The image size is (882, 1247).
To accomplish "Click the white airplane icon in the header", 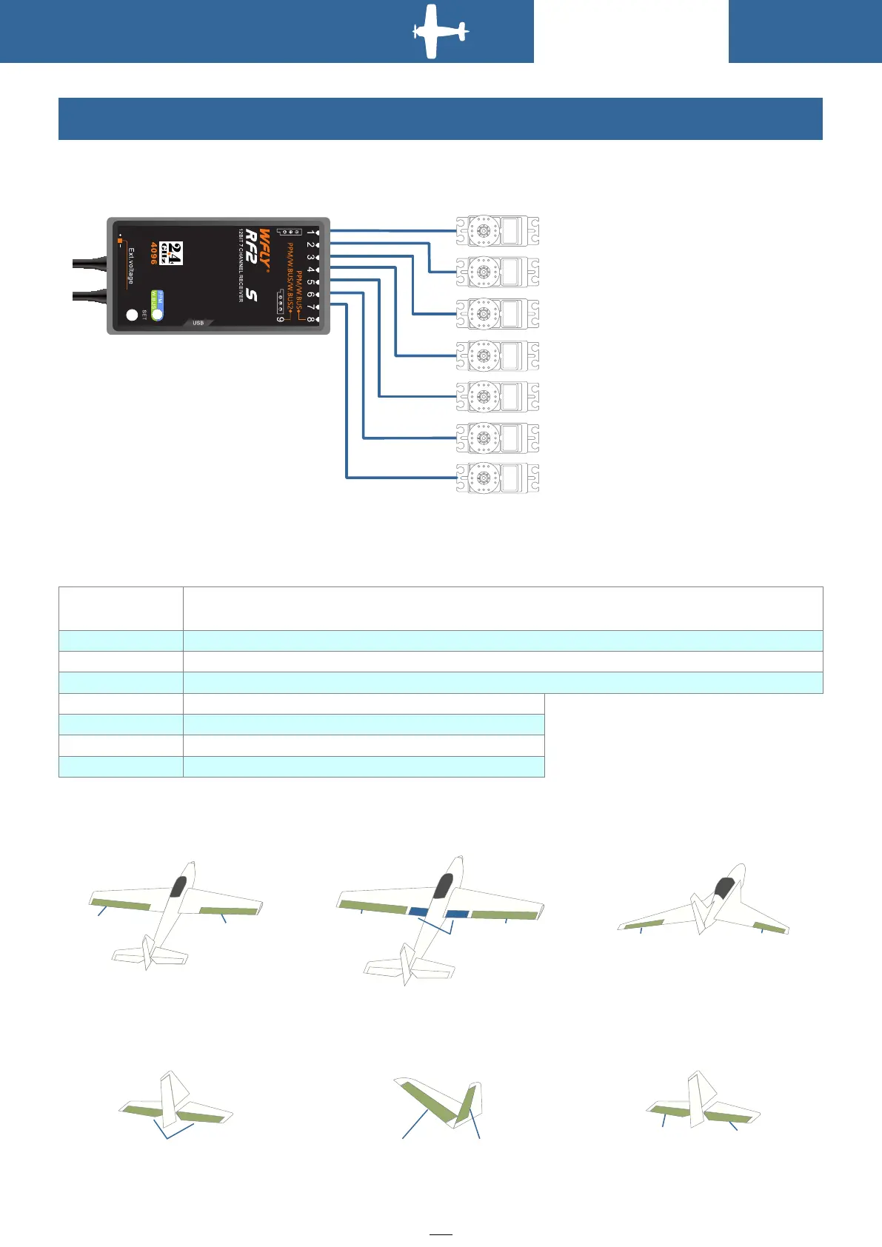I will (439, 32).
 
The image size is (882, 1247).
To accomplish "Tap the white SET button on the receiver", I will (132, 315).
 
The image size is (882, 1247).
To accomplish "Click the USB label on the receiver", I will (198, 323).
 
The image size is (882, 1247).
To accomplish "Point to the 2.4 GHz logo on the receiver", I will (172, 253).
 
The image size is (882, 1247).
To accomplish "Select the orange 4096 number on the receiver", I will (153, 253).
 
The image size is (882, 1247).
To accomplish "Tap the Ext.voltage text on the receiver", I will (130, 266).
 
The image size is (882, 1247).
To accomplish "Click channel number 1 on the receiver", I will (310, 233).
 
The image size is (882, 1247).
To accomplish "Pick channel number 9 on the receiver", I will (281, 319).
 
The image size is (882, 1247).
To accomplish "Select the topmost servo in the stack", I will (497, 231).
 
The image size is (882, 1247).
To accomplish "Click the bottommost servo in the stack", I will (497, 478).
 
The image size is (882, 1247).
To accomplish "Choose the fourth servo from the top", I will (497, 355).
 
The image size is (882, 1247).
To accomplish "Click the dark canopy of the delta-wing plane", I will (724, 887).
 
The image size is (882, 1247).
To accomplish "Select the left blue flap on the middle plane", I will (418, 911).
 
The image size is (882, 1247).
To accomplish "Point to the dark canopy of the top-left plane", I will (178, 886).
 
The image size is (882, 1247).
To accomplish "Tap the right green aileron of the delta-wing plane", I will (770, 927).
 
